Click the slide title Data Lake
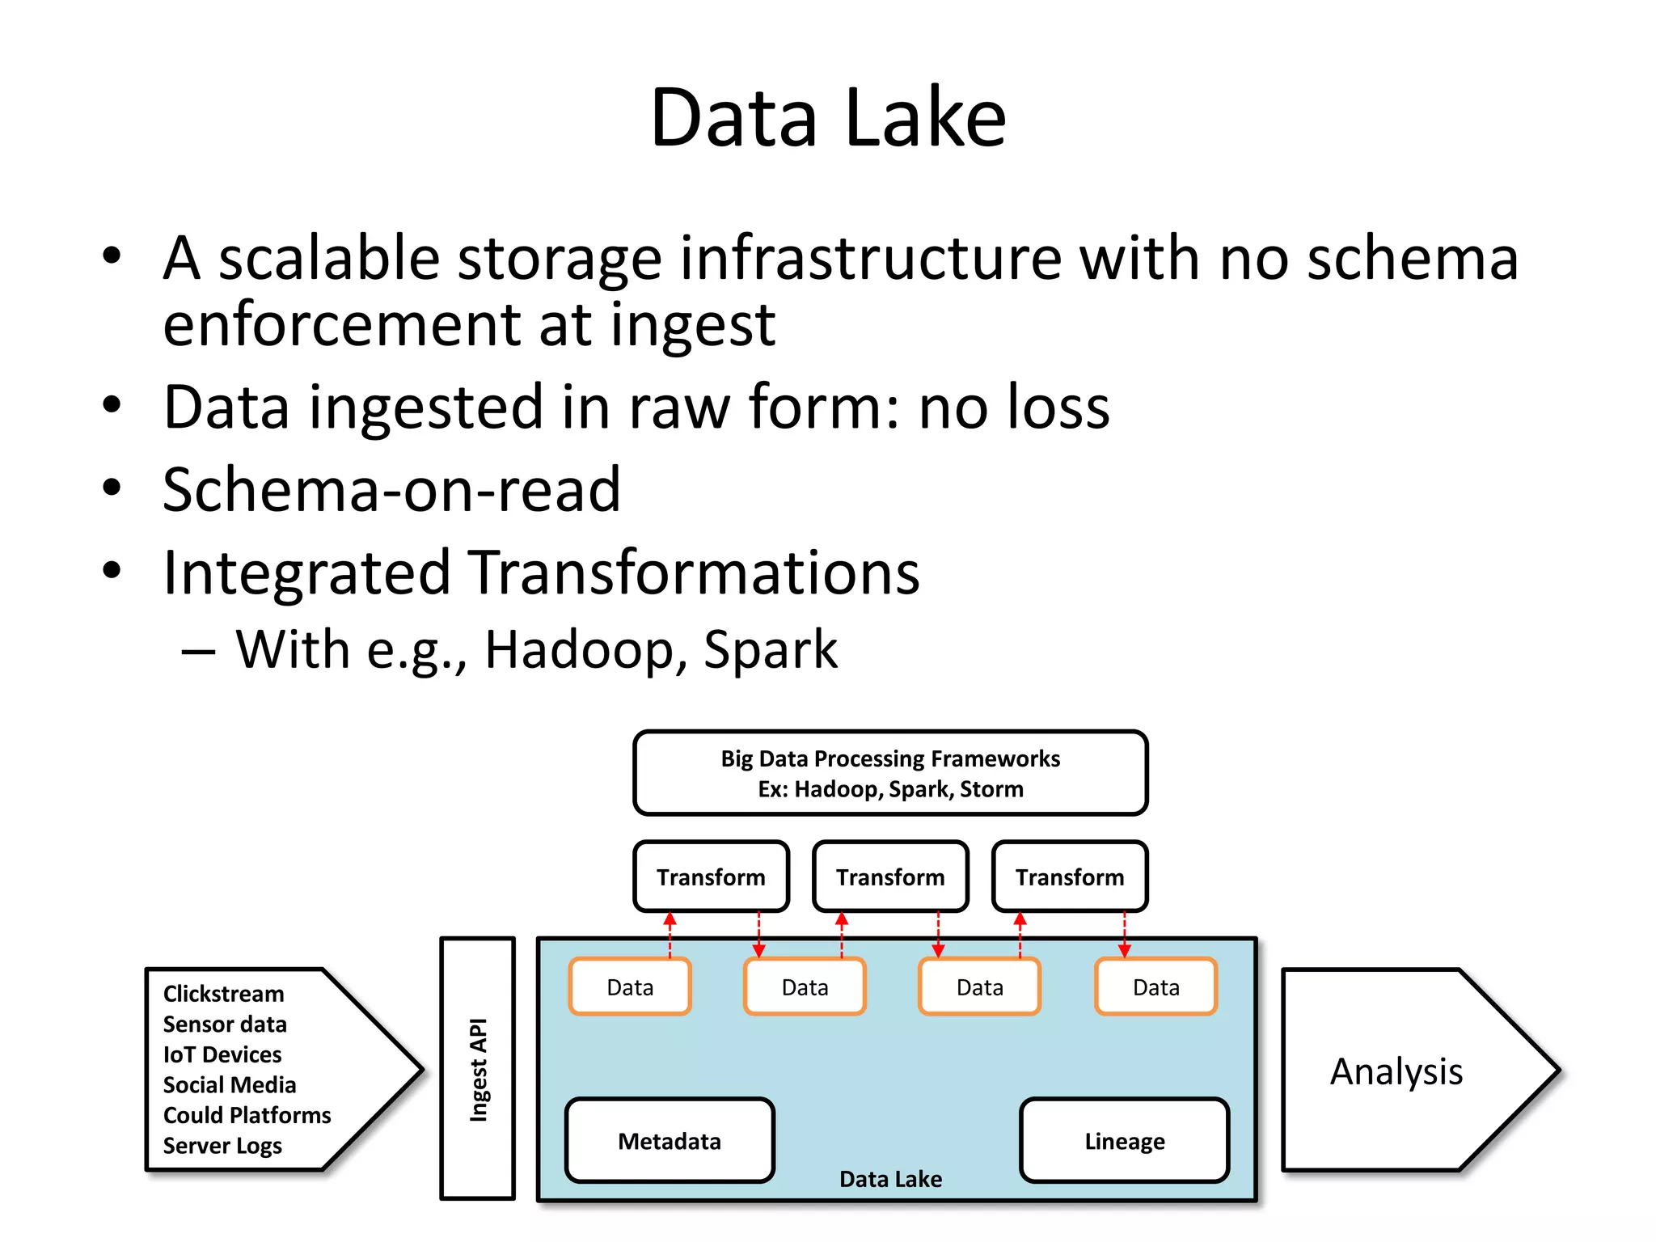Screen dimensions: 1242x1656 click(x=828, y=119)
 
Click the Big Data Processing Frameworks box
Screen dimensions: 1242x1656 click(x=890, y=773)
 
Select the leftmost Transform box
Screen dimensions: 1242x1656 click(x=711, y=877)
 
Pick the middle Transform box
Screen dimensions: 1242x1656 click(x=890, y=877)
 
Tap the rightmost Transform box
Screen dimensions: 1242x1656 click(x=1069, y=877)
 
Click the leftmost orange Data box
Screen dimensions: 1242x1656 click(x=630, y=986)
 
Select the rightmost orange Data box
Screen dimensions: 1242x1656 click(x=1155, y=986)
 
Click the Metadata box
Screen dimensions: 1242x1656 click(x=670, y=1140)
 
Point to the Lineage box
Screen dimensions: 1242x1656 click(x=1124, y=1140)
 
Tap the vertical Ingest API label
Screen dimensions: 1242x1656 click(x=478, y=1069)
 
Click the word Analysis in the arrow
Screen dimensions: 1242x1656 click(x=1396, y=1071)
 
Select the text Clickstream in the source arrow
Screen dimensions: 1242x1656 click(x=224, y=993)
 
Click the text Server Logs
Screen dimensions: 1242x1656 click(x=222, y=1145)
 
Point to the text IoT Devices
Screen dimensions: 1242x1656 click(x=222, y=1054)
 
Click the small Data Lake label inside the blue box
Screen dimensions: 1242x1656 click(x=890, y=1178)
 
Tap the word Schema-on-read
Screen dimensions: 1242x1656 click(x=391, y=490)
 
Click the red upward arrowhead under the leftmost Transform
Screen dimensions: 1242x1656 click(x=670, y=919)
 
